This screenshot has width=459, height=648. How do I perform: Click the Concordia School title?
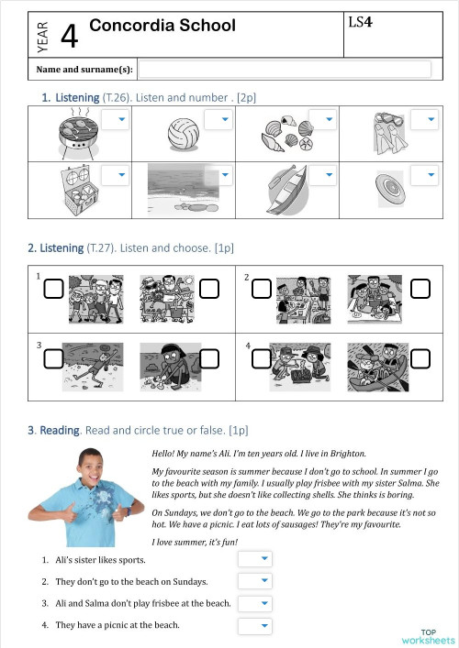[x=162, y=26]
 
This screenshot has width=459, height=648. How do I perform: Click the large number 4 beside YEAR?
[x=69, y=36]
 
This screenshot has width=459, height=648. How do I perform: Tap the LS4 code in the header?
[x=360, y=21]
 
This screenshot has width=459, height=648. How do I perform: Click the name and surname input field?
[x=284, y=69]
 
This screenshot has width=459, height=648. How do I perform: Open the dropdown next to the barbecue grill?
[x=115, y=120]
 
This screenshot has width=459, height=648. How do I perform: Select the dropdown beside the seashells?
[x=322, y=120]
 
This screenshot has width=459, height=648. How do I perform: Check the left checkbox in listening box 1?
[x=54, y=290]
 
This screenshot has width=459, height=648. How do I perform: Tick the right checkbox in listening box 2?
[x=420, y=290]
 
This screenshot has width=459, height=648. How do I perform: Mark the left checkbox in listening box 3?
[x=54, y=358]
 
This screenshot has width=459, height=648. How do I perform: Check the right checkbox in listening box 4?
[x=420, y=358]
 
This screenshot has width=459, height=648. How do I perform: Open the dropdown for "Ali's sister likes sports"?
[x=255, y=558]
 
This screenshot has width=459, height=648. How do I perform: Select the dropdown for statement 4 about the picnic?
[x=255, y=626]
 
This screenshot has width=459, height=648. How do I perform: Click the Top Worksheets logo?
[x=428, y=636]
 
